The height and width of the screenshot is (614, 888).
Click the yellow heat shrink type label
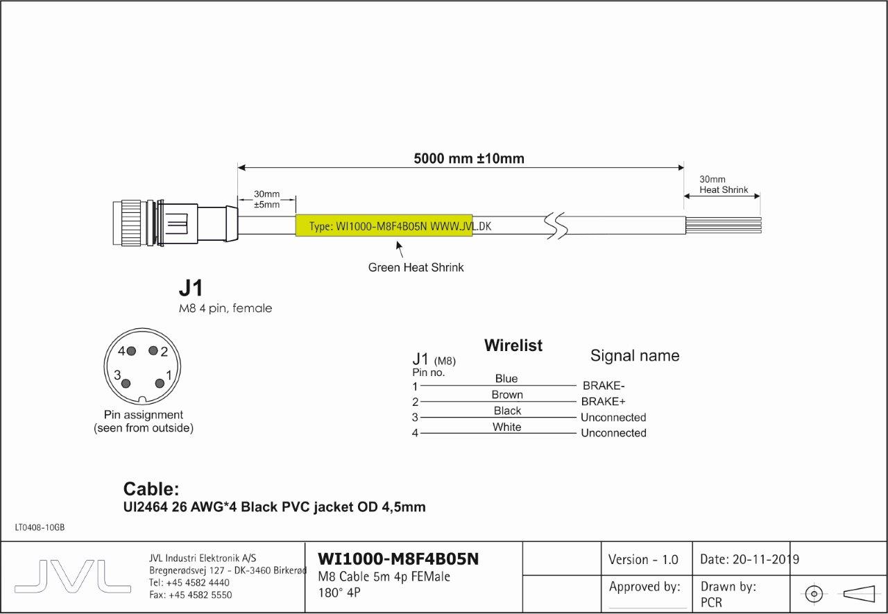[384, 225]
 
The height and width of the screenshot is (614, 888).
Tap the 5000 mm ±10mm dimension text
[469, 159]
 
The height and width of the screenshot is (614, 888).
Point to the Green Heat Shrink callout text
[416, 267]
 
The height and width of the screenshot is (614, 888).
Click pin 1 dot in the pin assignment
[160, 383]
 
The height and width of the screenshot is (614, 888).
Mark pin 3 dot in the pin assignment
[126, 383]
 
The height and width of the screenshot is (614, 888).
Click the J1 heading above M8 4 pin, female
[191, 289]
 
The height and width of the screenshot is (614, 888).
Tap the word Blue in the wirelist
[506, 379]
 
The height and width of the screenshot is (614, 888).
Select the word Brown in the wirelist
[507, 395]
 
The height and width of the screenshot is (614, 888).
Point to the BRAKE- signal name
[604, 386]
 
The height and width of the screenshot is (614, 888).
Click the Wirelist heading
[513, 346]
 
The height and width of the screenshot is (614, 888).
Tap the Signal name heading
[635, 356]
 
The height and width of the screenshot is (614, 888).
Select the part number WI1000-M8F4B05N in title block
[398, 559]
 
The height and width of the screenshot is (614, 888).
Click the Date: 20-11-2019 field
[750, 559]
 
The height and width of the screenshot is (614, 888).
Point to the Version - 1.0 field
[643, 559]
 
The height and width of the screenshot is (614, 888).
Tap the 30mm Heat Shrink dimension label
[723, 185]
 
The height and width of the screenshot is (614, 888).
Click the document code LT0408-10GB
[40, 528]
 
